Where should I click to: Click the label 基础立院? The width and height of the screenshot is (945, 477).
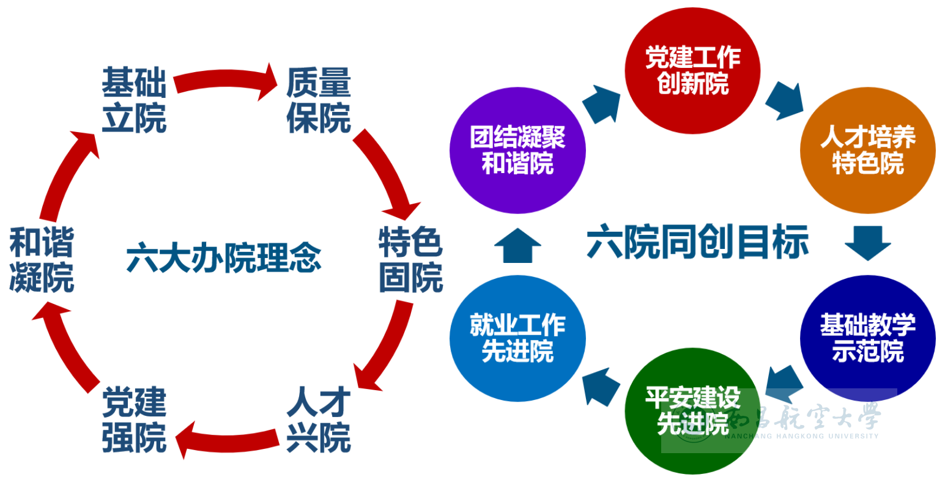click(x=134, y=100)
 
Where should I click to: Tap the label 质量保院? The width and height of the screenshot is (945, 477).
click(x=319, y=100)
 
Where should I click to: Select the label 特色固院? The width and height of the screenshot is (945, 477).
click(x=410, y=260)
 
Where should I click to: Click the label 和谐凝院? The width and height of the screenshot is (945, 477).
click(x=42, y=260)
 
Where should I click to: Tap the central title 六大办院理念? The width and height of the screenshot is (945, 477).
click(x=224, y=259)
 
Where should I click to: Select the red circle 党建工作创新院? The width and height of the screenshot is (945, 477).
click(x=692, y=71)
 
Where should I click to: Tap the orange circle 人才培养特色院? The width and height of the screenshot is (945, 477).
click(x=868, y=150)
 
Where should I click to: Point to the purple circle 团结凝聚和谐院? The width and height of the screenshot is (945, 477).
click(x=517, y=150)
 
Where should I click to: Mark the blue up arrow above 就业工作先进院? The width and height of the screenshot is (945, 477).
click(x=517, y=245)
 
